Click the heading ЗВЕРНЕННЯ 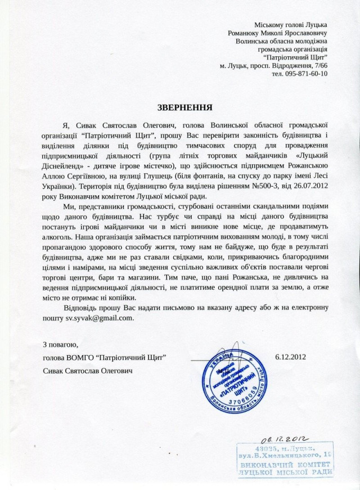(179, 107)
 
